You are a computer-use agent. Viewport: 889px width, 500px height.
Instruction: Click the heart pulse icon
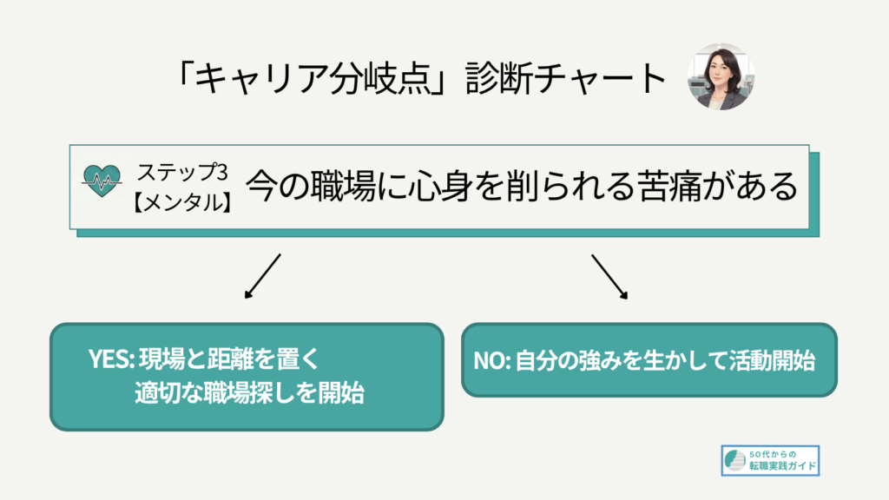(102, 181)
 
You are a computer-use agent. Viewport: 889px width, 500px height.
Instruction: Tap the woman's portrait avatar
(721, 76)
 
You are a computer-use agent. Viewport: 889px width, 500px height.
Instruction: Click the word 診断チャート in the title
(565, 78)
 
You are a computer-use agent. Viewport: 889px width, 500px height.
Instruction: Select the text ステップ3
(182, 172)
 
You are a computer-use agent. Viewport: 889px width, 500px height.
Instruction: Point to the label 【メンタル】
(182, 202)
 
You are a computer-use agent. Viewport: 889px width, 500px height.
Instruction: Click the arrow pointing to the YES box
(262, 276)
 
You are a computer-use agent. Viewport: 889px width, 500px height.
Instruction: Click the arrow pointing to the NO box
(610, 277)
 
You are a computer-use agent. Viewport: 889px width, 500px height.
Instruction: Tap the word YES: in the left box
(111, 359)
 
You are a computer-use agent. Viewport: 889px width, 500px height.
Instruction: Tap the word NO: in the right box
(492, 360)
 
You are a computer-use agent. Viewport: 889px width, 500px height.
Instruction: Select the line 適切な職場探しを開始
(249, 392)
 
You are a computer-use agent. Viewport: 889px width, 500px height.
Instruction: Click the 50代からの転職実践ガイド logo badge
(771, 460)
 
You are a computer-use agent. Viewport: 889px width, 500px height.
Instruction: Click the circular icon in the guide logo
(735, 460)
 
